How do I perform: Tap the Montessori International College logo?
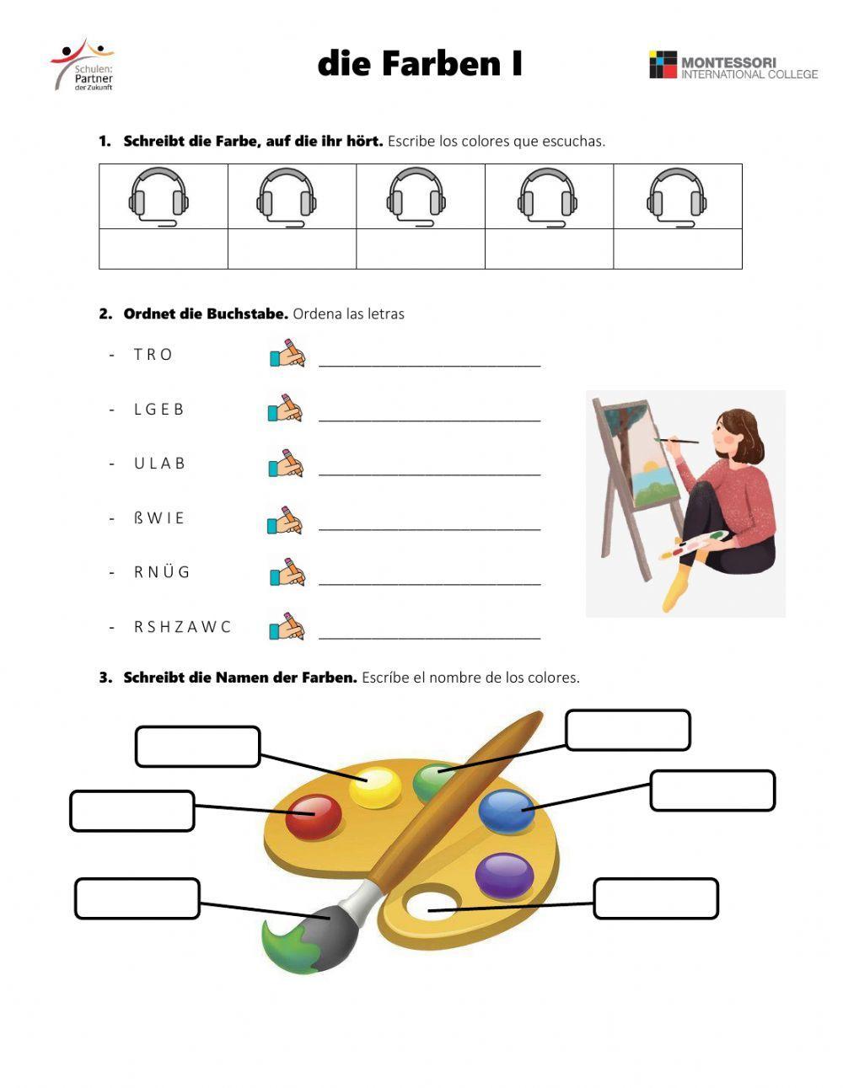[x=733, y=66]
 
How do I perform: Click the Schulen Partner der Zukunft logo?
[x=83, y=64]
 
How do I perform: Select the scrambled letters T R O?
[x=153, y=355]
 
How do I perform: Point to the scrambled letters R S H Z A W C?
[x=182, y=627]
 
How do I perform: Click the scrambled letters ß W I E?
[x=158, y=518]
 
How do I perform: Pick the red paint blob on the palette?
[x=314, y=815]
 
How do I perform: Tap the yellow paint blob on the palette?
[x=376, y=787]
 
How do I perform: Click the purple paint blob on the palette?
[x=504, y=875]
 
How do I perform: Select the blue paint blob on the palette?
[x=507, y=810]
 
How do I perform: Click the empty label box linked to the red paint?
[x=132, y=811]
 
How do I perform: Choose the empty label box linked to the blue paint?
[x=712, y=791]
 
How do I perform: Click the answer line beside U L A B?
[x=429, y=469]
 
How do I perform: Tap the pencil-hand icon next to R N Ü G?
[x=287, y=572]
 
